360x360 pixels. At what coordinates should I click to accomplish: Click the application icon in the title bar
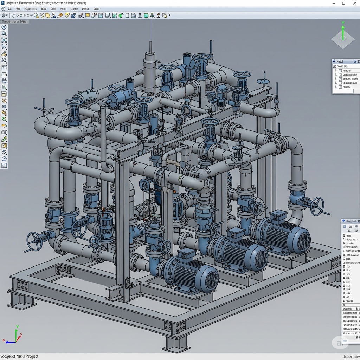tap(3, 3)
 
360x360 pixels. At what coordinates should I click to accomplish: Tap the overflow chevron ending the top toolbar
tap(169, 15)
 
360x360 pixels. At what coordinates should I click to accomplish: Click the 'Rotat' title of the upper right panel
tap(340, 62)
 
